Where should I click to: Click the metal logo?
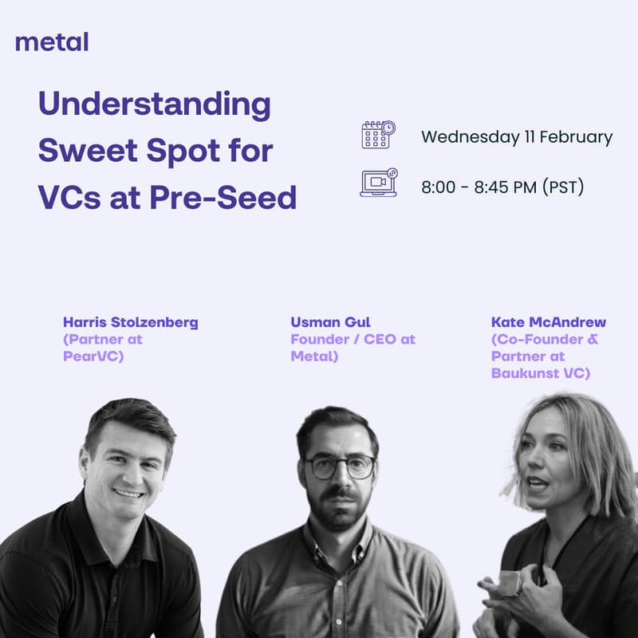52,41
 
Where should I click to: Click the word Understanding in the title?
155,105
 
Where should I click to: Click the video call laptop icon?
378,183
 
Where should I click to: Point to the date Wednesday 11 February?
517,137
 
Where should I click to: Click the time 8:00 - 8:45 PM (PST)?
502,188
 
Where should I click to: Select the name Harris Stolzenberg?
131,323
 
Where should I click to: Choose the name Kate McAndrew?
549,323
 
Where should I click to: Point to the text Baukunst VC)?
541,373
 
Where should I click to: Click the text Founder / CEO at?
352,340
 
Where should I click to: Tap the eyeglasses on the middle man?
341,467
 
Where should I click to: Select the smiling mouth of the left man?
128,493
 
